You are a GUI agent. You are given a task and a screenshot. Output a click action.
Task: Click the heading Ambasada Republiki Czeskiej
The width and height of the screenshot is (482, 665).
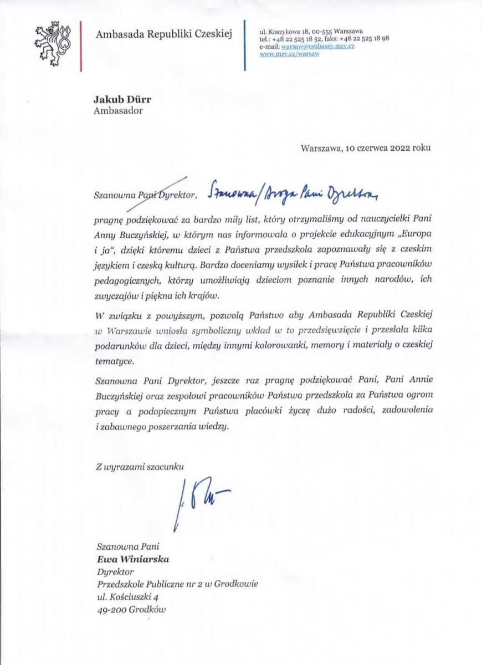point(165,34)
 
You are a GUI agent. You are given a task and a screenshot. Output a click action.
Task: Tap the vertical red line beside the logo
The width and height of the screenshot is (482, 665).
point(81,44)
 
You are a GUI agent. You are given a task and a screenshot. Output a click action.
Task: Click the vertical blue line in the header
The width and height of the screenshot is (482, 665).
point(245,44)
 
